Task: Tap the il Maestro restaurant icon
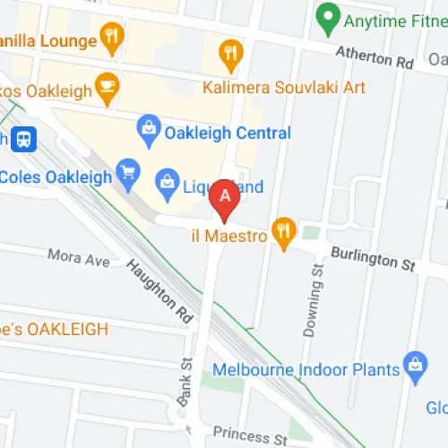pyautogui.click(x=284, y=231)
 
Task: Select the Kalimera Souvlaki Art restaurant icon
pyautogui.click(x=231, y=56)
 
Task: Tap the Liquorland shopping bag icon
pyautogui.click(x=167, y=185)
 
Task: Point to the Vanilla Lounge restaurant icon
pyautogui.click(x=111, y=39)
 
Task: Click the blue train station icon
pyautogui.click(x=24, y=138)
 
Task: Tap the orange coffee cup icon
pyautogui.click(x=108, y=86)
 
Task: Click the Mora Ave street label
pyautogui.click(x=79, y=258)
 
